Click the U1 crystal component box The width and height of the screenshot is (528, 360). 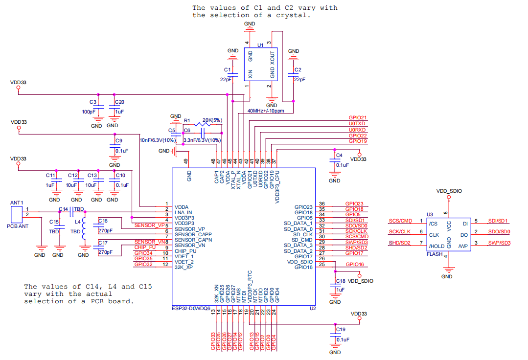tap(261, 64)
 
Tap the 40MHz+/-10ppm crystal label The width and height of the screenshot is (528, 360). tap(266, 111)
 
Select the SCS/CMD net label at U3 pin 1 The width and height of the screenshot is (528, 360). tap(400, 221)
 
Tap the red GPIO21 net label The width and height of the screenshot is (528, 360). tap(357, 118)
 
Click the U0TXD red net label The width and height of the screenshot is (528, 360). tap(357, 124)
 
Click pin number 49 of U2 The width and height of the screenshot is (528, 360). tap(186, 161)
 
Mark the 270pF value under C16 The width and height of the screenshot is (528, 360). tap(105, 230)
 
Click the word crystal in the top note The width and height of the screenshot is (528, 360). tap(294, 15)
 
